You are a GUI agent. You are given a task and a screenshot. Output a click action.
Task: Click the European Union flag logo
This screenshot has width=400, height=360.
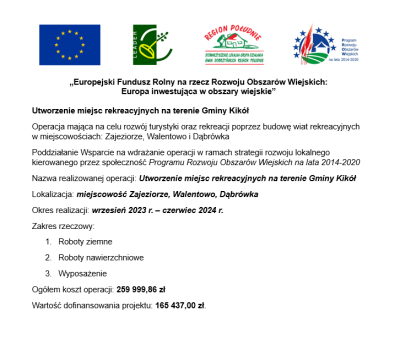(x=69, y=43)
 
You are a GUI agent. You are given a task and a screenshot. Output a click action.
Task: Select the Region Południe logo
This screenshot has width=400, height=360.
(x=233, y=43)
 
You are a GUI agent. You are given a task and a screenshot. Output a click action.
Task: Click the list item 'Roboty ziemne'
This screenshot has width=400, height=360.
(x=86, y=242)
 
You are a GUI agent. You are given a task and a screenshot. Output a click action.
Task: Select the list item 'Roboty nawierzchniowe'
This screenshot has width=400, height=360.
(x=102, y=257)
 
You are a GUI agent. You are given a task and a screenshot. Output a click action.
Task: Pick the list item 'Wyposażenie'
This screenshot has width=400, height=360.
(x=84, y=272)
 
